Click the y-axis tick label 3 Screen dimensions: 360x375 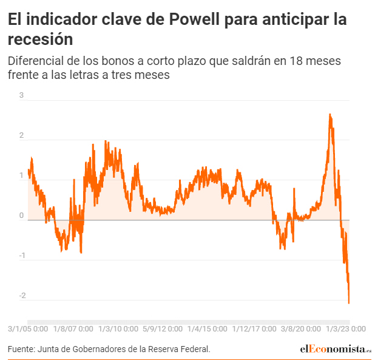pos(22,95)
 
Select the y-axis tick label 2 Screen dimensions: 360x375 pos(22,135)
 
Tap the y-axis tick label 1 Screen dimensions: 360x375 pos(22,175)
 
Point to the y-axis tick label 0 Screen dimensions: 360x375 pos(22,216)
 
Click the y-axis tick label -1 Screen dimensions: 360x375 pos(21,256)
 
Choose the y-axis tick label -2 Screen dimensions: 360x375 pos(21,296)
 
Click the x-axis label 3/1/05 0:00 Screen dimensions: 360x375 pos(28,328)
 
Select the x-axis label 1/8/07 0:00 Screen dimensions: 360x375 pos(73,328)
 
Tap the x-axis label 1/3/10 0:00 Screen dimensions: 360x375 pos(118,328)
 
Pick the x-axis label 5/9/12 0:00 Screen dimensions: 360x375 pos(163,328)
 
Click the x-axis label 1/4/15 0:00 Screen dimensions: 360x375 pos(207,328)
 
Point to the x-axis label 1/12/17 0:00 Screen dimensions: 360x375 pos(254,328)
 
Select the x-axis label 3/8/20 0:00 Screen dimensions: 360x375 pos(300,328)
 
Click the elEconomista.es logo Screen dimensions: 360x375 pos(336,349)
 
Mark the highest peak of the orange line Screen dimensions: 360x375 pos(329,114)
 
